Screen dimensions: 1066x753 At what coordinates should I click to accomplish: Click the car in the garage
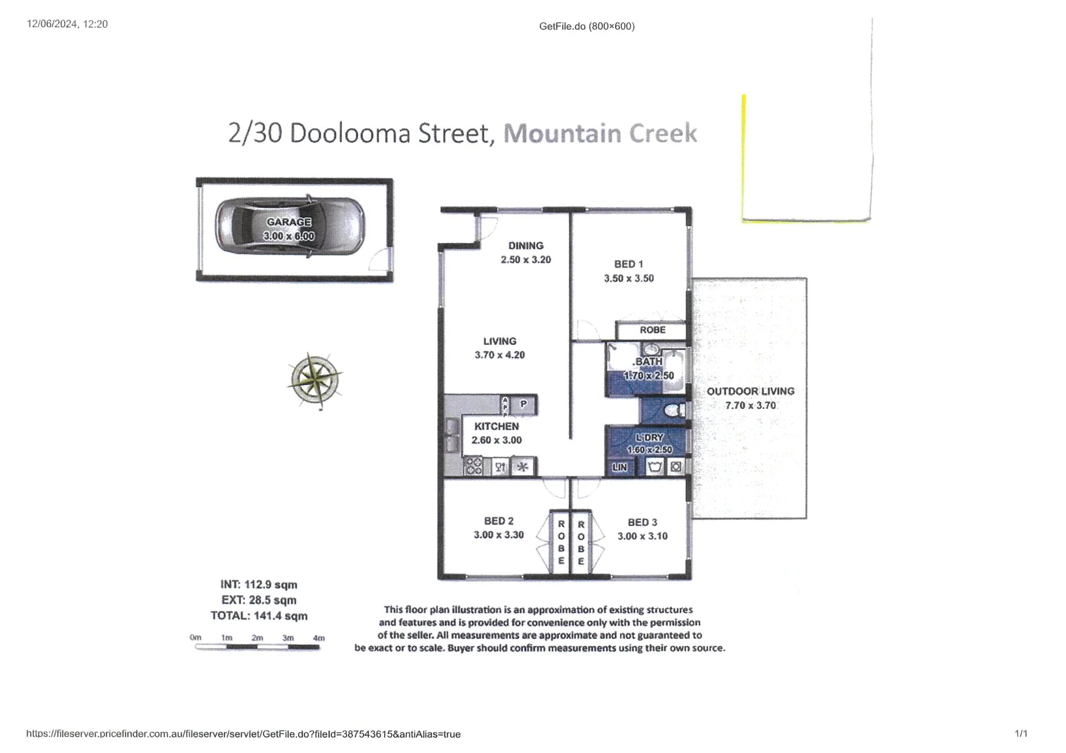pos(290,226)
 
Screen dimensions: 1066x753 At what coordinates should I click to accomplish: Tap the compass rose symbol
pos(315,381)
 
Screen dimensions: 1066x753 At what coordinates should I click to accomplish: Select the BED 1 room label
pos(628,264)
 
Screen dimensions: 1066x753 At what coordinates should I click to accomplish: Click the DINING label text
pos(526,245)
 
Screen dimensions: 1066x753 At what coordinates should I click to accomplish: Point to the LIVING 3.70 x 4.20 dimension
pos(500,355)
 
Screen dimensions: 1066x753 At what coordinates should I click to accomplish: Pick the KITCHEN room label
pos(496,426)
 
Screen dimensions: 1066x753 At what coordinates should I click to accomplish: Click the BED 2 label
pos(499,521)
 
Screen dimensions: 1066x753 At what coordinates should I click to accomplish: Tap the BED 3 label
pos(642,522)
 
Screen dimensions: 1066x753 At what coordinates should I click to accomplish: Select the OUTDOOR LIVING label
pos(751,391)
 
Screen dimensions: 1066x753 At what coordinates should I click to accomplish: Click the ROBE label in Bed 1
pos(652,330)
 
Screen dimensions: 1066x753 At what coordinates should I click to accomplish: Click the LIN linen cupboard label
pos(620,467)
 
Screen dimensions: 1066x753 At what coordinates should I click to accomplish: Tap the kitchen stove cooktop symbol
pos(473,466)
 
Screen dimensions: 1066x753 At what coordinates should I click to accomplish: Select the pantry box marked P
pos(523,405)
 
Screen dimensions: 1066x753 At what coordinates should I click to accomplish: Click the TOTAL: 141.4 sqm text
pos(259,616)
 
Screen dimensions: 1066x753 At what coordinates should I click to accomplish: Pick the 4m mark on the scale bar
pos(319,638)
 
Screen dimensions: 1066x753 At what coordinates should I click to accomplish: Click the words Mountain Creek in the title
pos(600,133)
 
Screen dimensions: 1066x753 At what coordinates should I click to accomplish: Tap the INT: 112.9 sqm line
pos(259,585)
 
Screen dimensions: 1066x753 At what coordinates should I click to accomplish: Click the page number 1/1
pos(1021,734)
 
